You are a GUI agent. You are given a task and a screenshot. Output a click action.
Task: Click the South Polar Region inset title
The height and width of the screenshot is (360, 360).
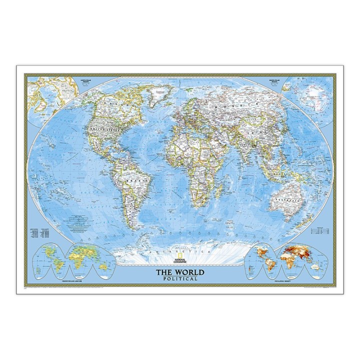274,80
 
